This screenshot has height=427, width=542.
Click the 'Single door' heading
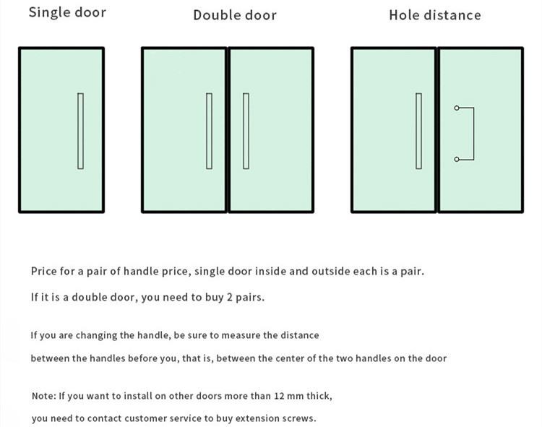[x=67, y=12]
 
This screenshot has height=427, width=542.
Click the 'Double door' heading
[x=235, y=15]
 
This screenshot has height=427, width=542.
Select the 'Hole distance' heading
[x=434, y=15]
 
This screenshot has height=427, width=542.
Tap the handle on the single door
[x=80, y=131]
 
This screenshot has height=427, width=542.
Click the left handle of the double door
[x=210, y=131]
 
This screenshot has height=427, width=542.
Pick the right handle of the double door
[x=246, y=131]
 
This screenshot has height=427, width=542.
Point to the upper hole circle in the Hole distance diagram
[x=457, y=108]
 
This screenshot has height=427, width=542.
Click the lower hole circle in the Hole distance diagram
[x=457, y=159]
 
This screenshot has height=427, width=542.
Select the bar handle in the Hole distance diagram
[x=418, y=131]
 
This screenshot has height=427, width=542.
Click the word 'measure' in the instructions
[x=240, y=335]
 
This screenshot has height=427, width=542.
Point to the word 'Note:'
[x=43, y=396]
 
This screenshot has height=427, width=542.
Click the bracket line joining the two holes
[x=473, y=134]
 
